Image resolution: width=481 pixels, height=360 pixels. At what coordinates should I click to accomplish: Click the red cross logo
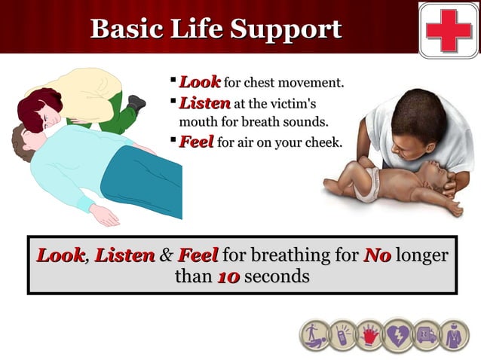(449, 29)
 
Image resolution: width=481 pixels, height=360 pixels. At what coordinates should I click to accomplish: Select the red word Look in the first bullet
(199, 81)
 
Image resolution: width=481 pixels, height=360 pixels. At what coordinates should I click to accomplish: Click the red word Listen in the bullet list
(204, 102)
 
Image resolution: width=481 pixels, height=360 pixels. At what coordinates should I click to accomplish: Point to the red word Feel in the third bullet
(196, 142)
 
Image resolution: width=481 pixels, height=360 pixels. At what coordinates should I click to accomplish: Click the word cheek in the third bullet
(325, 142)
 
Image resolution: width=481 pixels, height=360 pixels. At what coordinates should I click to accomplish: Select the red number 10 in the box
(228, 276)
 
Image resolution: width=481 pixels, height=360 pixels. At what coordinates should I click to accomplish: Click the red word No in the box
(377, 255)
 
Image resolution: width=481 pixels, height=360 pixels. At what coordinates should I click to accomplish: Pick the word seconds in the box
(277, 276)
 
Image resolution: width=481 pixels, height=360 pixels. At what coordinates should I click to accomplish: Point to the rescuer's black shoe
(136, 102)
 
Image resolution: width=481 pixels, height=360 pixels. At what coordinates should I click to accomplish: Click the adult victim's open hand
(104, 215)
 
